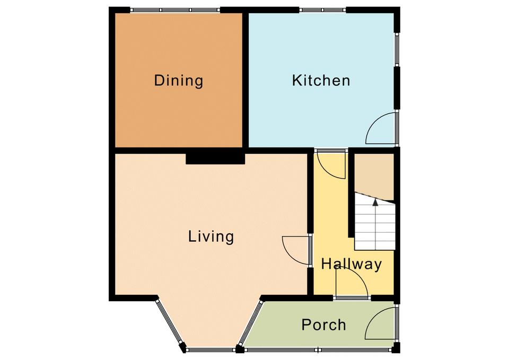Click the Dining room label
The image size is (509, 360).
179,81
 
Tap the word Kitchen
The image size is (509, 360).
321,81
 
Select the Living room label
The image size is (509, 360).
211,236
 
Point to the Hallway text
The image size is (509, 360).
351,264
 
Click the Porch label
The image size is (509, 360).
323,324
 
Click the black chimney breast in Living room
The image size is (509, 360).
215,159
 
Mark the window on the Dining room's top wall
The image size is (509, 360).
175,10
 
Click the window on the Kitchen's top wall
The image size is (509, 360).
322,10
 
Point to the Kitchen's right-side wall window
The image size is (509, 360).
397,49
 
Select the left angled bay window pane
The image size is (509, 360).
168,321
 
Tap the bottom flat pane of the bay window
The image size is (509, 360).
210,349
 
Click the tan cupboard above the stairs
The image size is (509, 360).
374,177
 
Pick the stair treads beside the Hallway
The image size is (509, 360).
375,222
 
